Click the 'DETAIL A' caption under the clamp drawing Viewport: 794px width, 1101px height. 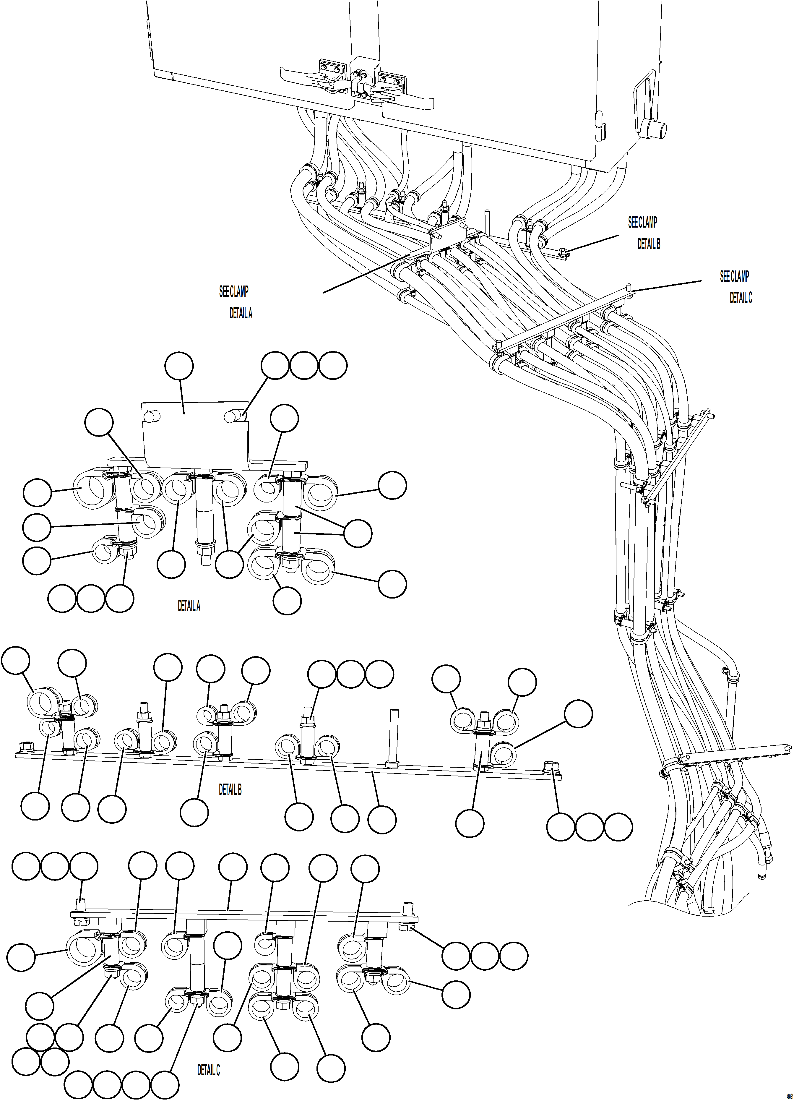189,606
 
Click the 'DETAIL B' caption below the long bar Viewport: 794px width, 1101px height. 230,790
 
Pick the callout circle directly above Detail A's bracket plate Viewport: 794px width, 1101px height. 179,367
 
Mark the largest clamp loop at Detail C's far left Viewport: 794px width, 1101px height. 83,947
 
